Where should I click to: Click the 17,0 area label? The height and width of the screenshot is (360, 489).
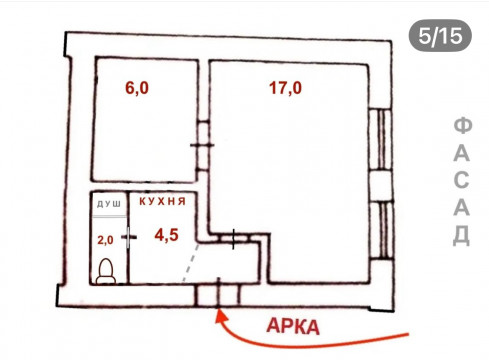click(x=285, y=88)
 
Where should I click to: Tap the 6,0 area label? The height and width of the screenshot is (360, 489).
click(x=137, y=88)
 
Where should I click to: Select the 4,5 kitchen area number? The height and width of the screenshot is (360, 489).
click(x=166, y=235)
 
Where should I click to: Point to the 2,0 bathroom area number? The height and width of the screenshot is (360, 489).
click(x=105, y=240)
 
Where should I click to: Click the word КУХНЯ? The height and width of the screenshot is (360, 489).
click(x=162, y=201)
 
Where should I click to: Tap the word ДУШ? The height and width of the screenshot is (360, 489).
click(x=109, y=204)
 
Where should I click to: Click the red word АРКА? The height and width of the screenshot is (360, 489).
click(x=293, y=327)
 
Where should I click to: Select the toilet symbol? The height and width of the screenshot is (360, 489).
click(x=106, y=272)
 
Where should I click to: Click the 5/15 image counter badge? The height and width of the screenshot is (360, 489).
click(x=440, y=36)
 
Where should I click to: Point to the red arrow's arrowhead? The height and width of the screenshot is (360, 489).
click(x=220, y=316)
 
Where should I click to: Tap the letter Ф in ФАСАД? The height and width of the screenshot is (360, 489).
click(x=463, y=126)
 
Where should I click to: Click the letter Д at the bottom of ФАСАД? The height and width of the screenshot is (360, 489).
click(x=462, y=235)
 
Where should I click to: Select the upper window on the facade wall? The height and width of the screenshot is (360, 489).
click(x=380, y=140)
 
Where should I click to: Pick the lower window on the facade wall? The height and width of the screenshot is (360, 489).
click(x=381, y=230)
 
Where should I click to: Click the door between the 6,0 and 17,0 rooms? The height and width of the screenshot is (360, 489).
click(x=202, y=145)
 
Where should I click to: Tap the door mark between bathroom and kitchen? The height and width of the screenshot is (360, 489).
click(x=129, y=237)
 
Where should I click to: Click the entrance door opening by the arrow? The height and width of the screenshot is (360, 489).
click(x=218, y=295)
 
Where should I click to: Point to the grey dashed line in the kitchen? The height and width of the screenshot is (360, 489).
click(x=191, y=263)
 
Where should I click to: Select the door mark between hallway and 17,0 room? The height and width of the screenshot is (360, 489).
click(x=233, y=239)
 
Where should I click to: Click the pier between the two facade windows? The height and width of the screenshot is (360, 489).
click(x=381, y=186)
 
